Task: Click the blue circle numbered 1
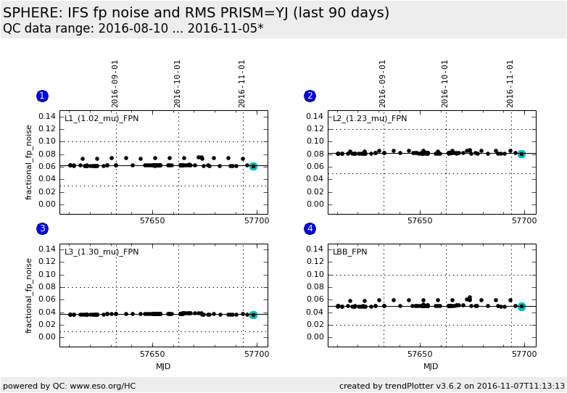click(42, 96)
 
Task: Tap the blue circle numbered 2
click(310, 96)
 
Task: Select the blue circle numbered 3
click(42, 228)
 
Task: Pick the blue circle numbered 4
click(310, 228)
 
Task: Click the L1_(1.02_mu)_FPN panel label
click(102, 119)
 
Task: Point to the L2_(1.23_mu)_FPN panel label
click(370, 119)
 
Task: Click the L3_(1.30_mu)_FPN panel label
click(102, 252)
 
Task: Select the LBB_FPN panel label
click(350, 252)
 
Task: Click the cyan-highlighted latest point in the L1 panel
click(253, 166)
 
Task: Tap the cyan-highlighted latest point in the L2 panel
click(521, 154)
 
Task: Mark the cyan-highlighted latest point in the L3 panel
click(253, 315)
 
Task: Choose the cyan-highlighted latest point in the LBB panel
click(521, 307)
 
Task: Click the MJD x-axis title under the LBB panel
click(431, 366)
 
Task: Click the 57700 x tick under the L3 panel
click(256, 354)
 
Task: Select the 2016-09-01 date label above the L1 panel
click(115, 83)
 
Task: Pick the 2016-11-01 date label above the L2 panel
click(510, 83)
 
